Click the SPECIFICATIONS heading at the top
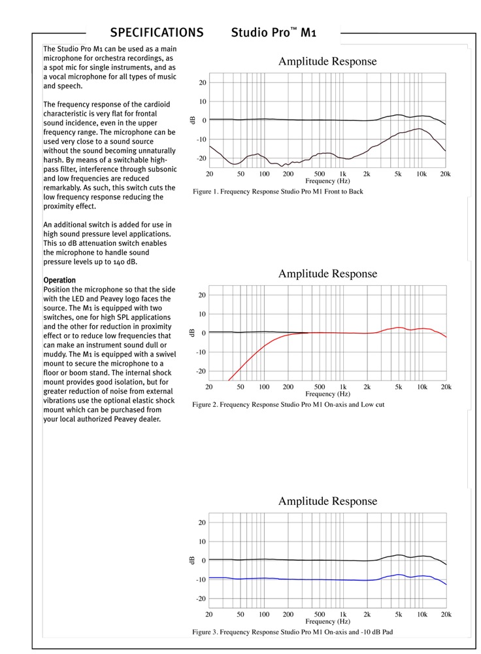(156, 33)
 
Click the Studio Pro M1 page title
(274, 33)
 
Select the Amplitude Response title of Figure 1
(327, 61)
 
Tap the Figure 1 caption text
(278, 192)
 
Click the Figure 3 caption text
(292, 632)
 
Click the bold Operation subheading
(59, 281)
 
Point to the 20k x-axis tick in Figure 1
(445, 174)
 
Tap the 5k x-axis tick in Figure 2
(399, 387)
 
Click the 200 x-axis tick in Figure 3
(288, 615)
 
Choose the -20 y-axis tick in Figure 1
(203, 158)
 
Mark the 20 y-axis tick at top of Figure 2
(203, 295)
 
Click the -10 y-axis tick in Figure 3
(203, 579)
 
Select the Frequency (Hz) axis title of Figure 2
(329, 394)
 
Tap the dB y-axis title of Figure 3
(192, 560)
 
